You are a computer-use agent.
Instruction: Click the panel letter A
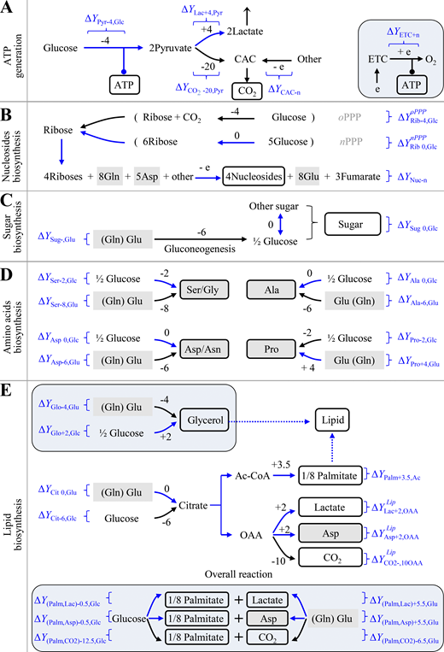[7, 8]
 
